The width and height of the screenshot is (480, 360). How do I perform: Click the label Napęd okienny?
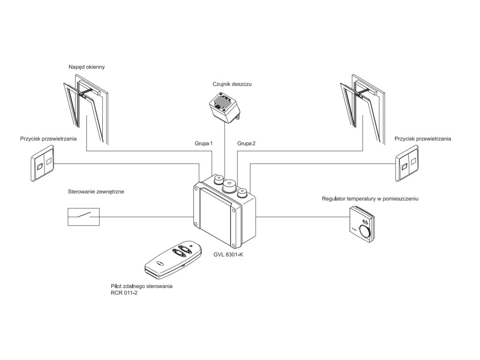86,67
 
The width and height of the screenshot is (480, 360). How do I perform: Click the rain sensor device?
224,106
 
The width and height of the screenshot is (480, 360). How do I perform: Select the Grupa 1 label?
203,143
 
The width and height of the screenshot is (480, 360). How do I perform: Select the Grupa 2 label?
247,143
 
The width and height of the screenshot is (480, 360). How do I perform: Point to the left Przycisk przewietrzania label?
48,139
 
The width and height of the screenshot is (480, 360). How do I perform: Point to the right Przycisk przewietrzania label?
423,139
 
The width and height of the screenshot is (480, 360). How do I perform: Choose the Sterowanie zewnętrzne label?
96,192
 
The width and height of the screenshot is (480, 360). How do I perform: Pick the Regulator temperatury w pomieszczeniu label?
370,199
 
